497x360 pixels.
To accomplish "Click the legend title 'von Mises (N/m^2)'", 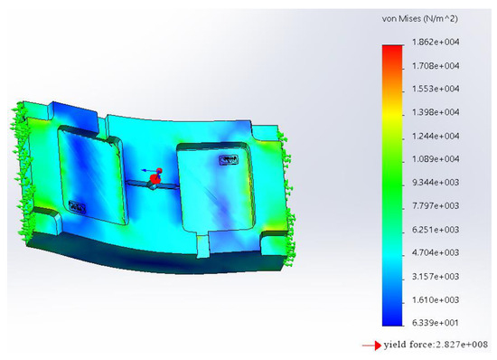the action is point(419,19).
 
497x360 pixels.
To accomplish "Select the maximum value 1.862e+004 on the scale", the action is point(436,42).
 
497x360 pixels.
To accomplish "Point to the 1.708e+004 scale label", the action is point(436,66).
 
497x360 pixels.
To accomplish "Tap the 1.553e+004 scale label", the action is point(436,89).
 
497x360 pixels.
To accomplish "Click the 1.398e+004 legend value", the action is point(436,112).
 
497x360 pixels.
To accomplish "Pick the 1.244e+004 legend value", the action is point(436,136).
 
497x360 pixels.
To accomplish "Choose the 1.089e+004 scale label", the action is point(436,159).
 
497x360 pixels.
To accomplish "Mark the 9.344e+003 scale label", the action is point(436,183).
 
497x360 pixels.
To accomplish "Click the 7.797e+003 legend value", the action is point(436,206).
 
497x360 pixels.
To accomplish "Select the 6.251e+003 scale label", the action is point(436,230).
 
